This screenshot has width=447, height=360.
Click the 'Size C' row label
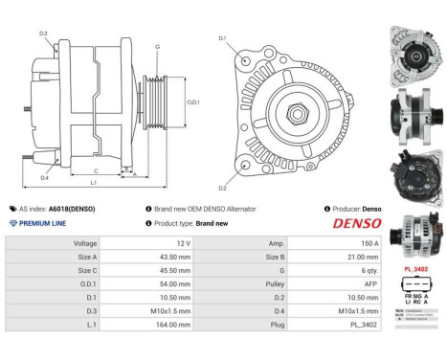(x=84, y=271)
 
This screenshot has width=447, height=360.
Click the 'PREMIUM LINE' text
(x=44, y=222)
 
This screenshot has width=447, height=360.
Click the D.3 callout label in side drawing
(x=44, y=33)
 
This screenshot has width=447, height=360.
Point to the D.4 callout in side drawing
(x=44, y=178)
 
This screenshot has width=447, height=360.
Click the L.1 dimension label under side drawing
(x=93, y=183)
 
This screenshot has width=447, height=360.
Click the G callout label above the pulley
(x=157, y=46)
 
